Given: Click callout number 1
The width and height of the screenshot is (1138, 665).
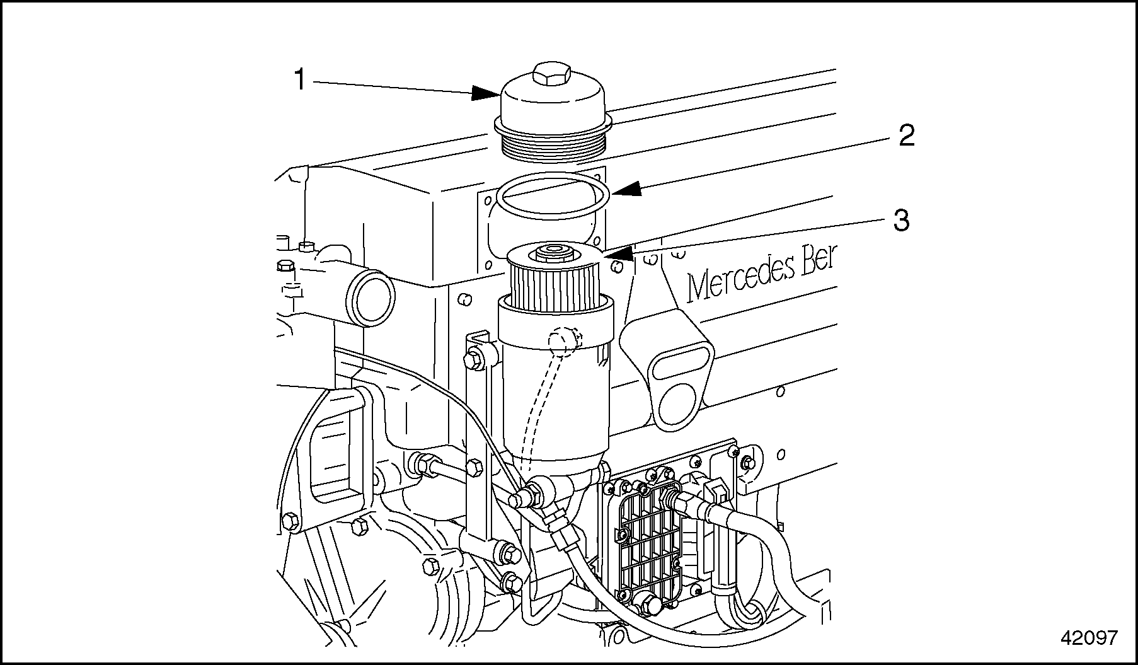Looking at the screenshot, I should (300, 80).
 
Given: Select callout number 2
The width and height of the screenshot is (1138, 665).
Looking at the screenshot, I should (906, 136).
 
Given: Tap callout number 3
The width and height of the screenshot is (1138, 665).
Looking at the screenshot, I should (901, 221).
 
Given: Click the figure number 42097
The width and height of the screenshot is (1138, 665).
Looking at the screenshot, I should (1089, 639).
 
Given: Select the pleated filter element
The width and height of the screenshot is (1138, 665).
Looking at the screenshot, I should (551, 286).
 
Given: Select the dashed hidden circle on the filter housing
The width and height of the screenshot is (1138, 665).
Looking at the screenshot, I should (563, 342).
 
